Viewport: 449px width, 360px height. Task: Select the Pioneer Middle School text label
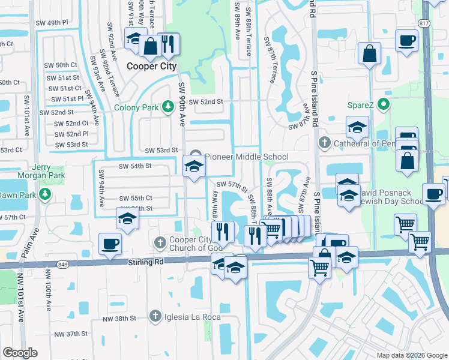247,157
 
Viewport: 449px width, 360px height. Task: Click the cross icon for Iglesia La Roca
154,316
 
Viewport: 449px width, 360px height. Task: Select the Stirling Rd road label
148,262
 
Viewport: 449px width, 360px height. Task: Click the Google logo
20,353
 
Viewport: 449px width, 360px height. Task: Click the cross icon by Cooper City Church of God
160,243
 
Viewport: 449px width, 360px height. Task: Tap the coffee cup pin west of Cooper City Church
110,244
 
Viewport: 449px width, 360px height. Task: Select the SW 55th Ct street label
135,198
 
